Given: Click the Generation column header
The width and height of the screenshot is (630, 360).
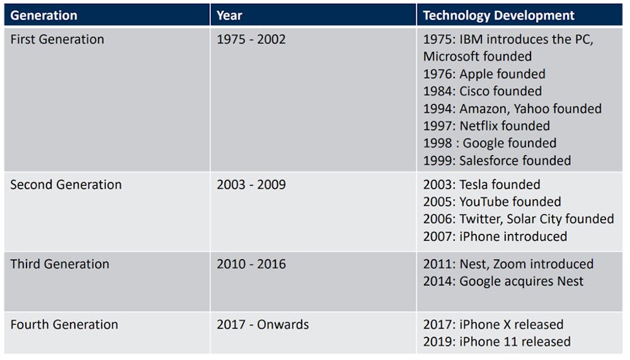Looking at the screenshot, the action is click(x=43, y=15).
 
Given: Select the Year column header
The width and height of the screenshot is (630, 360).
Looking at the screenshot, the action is click(x=229, y=15).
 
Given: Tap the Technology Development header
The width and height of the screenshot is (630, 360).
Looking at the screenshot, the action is click(x=498, y=15).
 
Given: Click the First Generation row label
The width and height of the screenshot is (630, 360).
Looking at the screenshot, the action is click(x=57, y=39).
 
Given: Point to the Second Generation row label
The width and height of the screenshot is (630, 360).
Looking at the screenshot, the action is click(x=66, y=184).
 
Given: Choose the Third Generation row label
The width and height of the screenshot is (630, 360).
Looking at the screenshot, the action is click(x=59, y=264).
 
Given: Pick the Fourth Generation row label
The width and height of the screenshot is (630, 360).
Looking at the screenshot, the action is click(x=64, y=324).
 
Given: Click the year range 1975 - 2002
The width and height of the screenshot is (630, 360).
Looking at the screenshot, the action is click(x=251, y=39).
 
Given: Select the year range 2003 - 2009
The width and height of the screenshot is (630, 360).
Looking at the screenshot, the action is click(x=251, y=184).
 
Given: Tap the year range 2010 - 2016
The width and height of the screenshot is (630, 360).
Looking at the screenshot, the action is click(x=251, y=264).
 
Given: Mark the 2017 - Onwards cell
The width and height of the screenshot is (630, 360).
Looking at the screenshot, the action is click(x=263, y=324).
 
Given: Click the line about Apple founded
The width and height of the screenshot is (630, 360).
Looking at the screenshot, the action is click(x=484, y=74).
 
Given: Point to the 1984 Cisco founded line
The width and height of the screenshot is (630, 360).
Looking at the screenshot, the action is click(x=482, y=91).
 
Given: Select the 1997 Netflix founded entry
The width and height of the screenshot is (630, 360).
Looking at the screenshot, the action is click(x=486, y=126).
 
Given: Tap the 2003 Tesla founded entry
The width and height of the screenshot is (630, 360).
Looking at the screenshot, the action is click(x=481, y=184).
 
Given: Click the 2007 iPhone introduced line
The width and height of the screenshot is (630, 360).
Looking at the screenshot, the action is click(x=495, y=236).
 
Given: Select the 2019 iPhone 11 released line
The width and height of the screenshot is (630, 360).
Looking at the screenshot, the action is click(x=496, y=342).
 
